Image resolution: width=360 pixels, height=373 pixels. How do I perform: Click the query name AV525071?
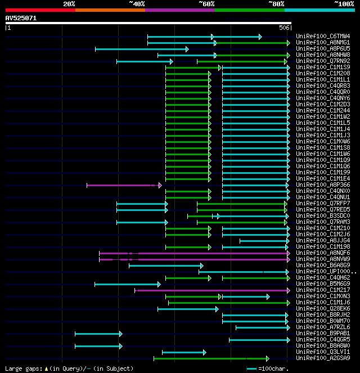pos(21,18)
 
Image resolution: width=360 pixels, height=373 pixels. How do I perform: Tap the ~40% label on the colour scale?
pos(137,4)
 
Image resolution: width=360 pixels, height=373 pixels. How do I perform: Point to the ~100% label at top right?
pos(344,4)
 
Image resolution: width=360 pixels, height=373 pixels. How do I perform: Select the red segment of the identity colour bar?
pos(40,10)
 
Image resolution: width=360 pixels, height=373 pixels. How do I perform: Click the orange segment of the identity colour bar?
pos(110,10)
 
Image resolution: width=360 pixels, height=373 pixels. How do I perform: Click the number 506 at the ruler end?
pos(283,28)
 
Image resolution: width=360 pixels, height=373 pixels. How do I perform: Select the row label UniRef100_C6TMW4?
pos(323,37)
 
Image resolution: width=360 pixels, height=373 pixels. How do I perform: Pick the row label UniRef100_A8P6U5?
pos(323,49)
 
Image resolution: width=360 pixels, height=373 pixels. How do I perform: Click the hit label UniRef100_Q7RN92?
pos(323,61)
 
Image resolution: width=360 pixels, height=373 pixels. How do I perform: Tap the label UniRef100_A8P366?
pos(323,185)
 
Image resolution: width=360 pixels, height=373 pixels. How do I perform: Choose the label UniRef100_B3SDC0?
pos(323,216)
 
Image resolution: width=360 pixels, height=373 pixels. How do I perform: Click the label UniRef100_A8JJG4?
pos(323,241)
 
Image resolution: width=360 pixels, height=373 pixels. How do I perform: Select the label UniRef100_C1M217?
pos(323,290)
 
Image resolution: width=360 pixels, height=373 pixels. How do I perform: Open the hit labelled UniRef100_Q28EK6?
pos(323,309)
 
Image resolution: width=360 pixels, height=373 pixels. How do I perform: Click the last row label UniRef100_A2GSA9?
pos(323,358)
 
